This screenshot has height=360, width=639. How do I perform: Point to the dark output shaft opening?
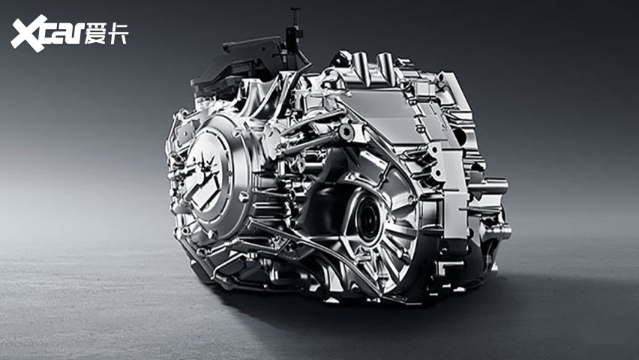(x=369, y=220)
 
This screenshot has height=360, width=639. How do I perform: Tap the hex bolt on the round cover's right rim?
(x=243, y=197)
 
